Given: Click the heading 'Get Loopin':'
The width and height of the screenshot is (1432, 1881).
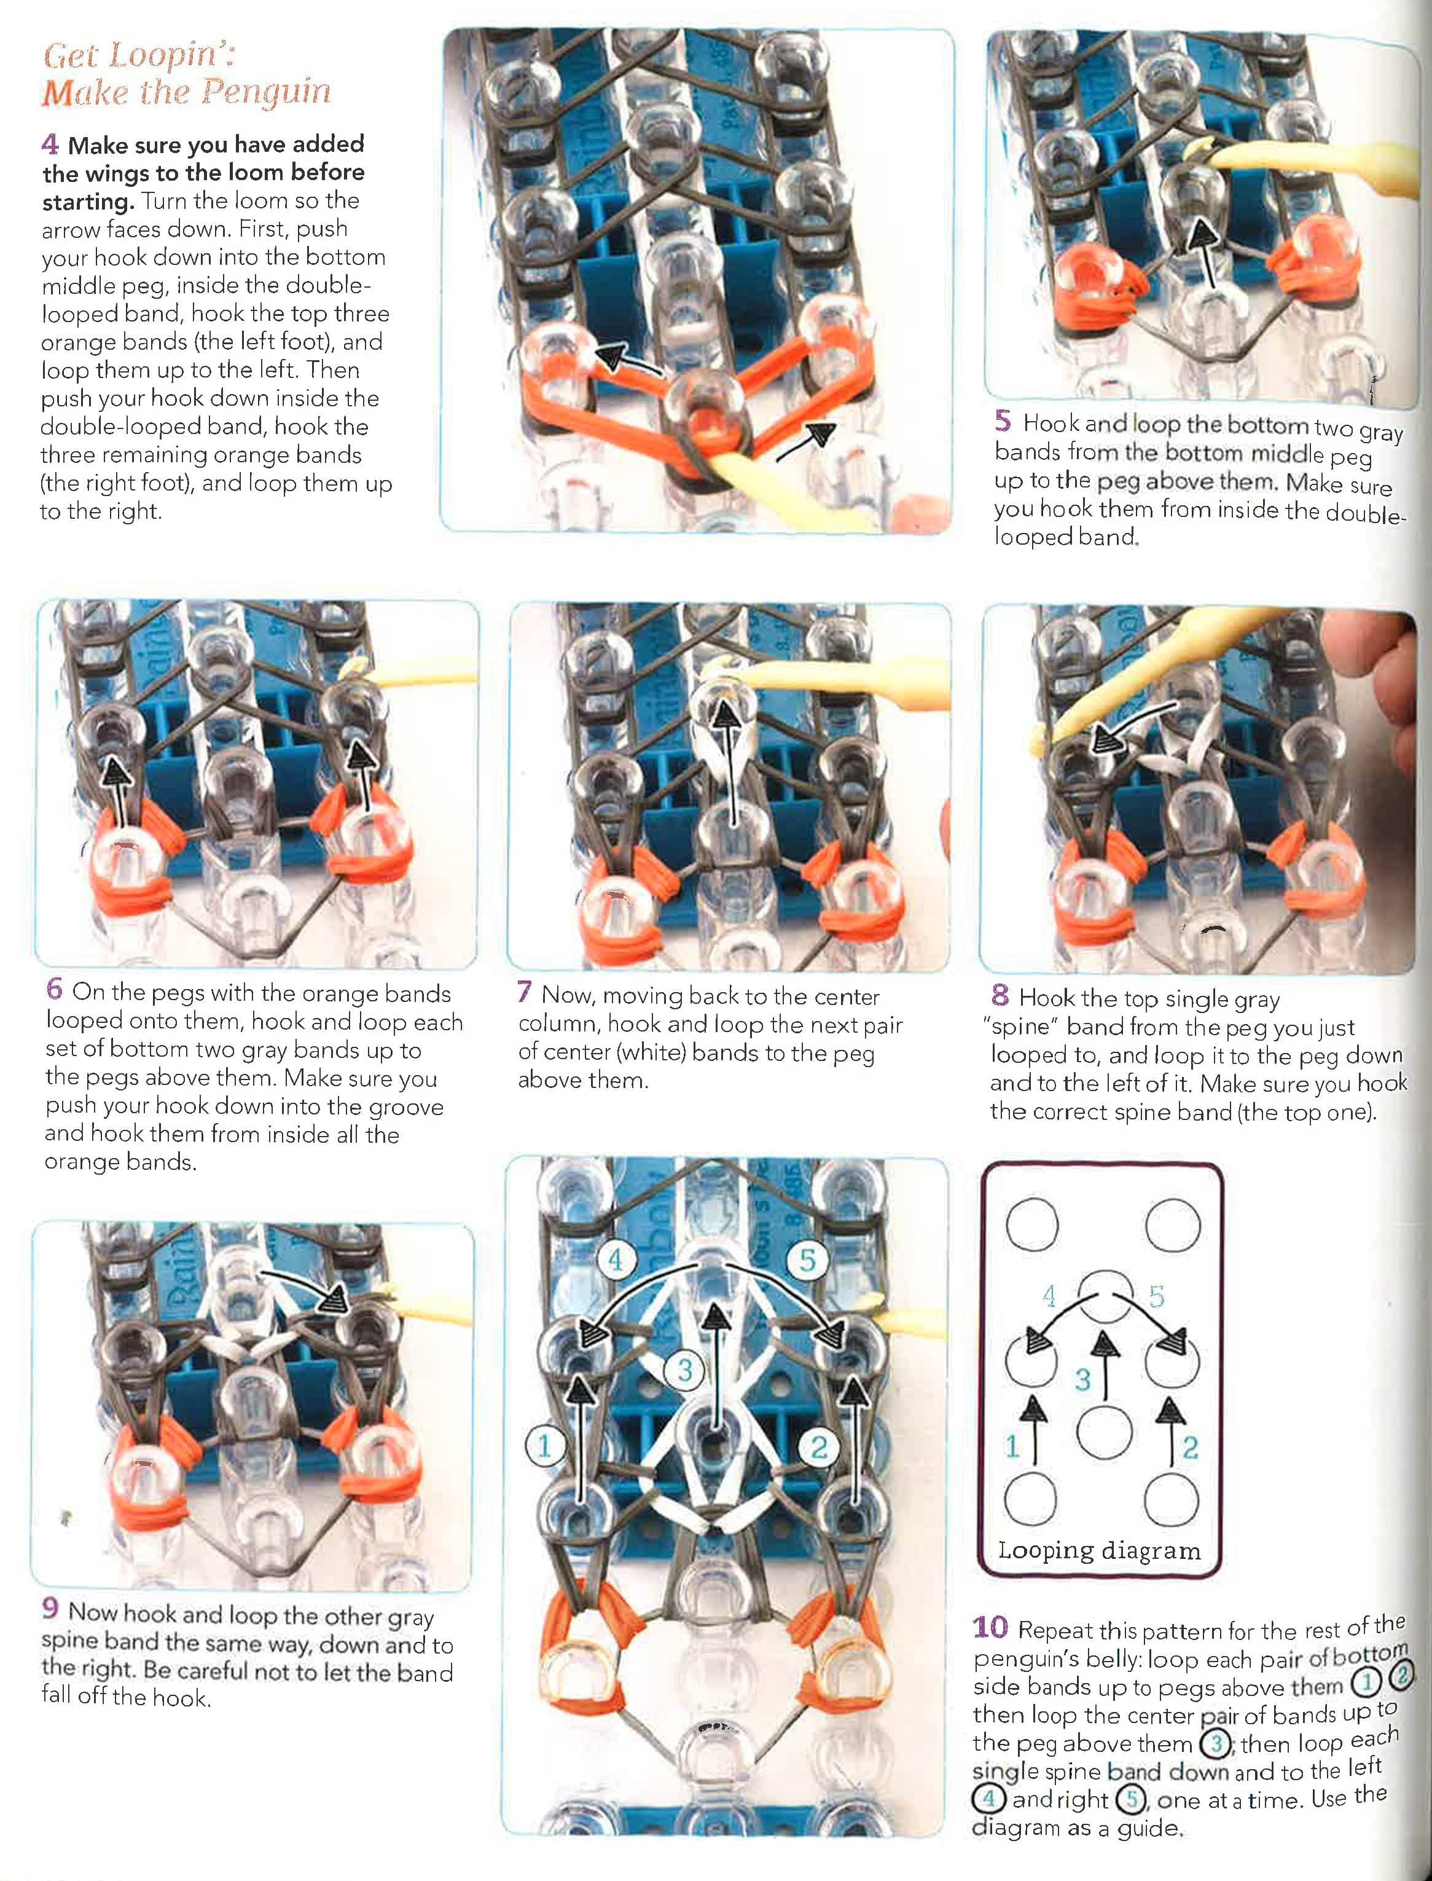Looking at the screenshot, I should click(139, 57).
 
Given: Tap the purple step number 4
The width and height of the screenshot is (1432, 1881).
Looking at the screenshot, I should click(49, 144).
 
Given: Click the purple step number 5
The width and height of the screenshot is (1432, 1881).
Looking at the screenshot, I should click(1003, 420).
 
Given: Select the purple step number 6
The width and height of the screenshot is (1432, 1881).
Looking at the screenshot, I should click(55, 988).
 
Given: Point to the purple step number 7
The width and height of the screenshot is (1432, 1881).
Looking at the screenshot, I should click(524, 992).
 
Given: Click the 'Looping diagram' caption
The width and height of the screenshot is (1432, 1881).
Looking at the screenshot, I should click(1100, 1549).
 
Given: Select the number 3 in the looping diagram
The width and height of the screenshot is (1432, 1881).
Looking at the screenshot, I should click(1082, 1379).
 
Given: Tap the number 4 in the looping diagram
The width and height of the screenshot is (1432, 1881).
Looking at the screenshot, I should click(1049, 1297).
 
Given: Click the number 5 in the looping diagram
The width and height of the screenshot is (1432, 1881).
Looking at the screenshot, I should click(1157, 1297).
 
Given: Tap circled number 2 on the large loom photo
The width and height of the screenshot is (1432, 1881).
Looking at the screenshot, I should click(818, 1446).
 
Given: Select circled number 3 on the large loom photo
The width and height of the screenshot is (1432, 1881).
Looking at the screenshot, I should click(684, 1370).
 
